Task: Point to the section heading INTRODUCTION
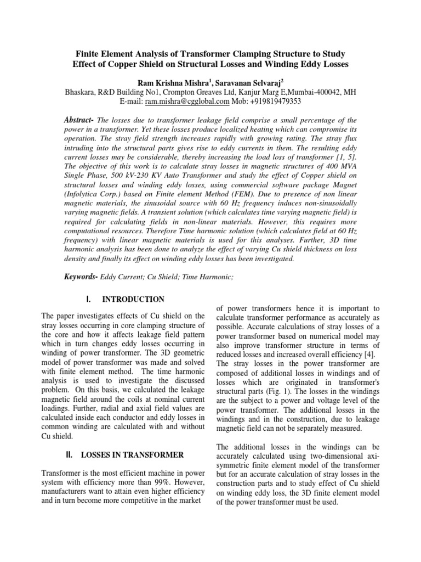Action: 133,299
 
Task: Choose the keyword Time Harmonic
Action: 209,278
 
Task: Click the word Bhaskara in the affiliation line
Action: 83,92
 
